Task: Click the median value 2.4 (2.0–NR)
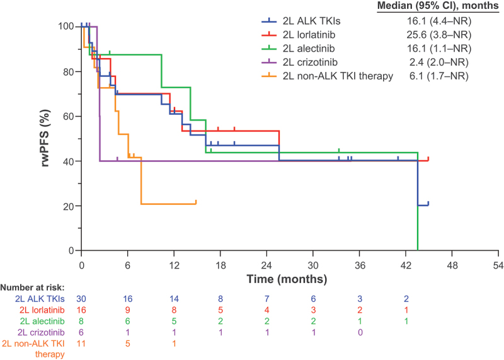tap(439, 62)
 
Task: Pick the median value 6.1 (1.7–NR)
tap(439, 76)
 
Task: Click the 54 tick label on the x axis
tap(498, 265)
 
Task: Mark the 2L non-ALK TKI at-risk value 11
tap(81, 345)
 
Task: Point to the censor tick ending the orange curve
tap(196, 202)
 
